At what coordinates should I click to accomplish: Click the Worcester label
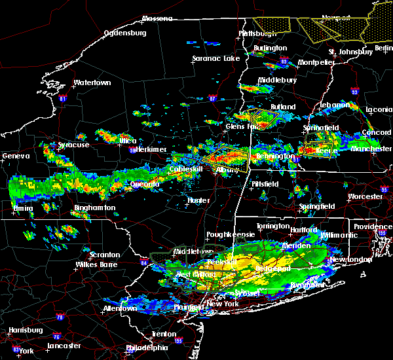[364, 196]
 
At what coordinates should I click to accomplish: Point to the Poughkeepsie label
[225, 234]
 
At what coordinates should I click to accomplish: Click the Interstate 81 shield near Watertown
[63, 99]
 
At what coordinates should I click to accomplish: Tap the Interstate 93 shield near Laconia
[354, 92]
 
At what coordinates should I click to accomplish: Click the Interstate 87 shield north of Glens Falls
[212, 99]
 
